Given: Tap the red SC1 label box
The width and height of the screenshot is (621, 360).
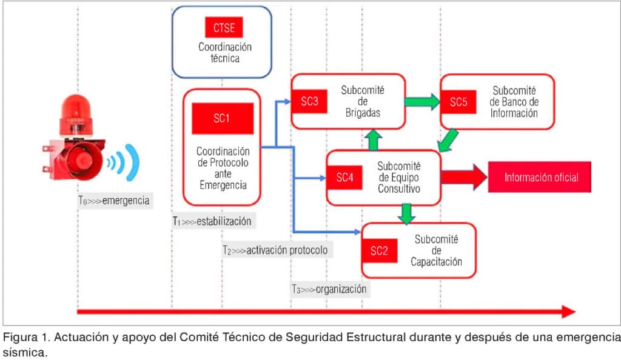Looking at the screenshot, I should (x=221, y=118).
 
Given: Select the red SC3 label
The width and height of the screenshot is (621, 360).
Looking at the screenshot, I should (x=309, y=102).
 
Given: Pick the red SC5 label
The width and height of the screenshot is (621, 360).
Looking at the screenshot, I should (x=458, y=102).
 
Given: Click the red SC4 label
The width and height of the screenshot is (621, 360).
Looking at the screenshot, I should (x=345, y=178).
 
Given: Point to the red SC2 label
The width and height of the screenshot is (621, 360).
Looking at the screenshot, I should (x=378, y=252).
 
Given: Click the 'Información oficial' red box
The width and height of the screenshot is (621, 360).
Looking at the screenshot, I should (x=540, y=177).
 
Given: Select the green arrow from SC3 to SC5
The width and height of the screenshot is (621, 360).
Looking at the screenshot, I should (x=423, y=101).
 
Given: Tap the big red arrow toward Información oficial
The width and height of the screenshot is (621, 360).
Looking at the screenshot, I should (x=463, y=177).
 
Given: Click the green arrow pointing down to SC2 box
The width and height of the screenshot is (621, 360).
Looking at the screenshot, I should (x=407, y=213).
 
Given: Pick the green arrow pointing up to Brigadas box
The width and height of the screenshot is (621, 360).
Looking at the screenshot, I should (x=374, y=140).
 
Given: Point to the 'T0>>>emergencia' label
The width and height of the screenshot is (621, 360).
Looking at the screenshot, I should (x=113, y=201).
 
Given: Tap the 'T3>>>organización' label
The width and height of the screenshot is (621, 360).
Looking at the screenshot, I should (x=328, y=289).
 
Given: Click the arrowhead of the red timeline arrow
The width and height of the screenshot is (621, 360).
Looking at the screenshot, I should (x=568, y=312).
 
